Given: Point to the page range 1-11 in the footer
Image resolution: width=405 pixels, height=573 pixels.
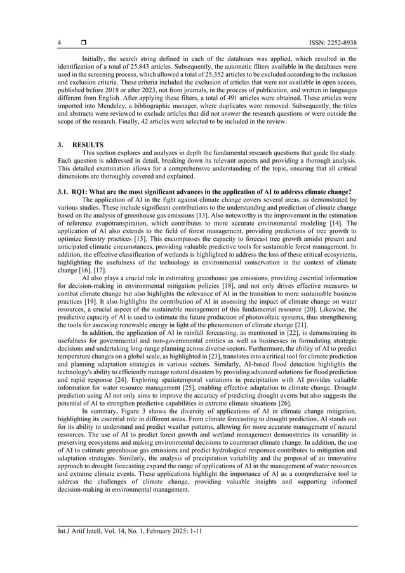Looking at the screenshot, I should coord(182,549).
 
